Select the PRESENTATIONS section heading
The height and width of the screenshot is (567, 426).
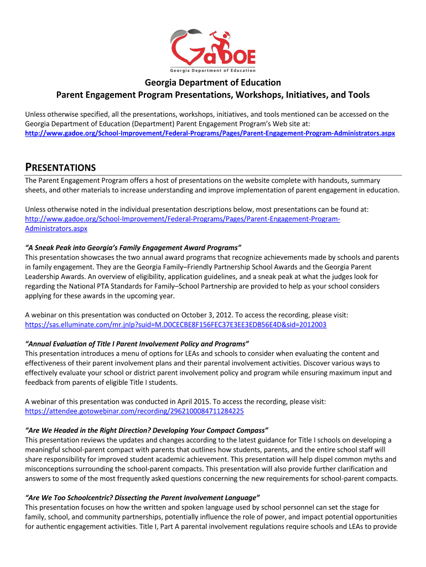[x=60, y=167]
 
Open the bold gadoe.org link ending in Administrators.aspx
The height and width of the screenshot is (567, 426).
[x=210, y=134]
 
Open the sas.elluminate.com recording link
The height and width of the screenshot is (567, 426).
[x=176, y=324]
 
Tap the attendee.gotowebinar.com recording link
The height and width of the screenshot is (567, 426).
[x=134, y=411]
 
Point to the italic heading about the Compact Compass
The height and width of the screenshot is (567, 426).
[x=147, y=430]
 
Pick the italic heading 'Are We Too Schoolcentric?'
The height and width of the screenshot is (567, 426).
[x=143, y=498]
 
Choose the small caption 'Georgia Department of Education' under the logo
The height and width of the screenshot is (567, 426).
[x=213, y=70]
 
